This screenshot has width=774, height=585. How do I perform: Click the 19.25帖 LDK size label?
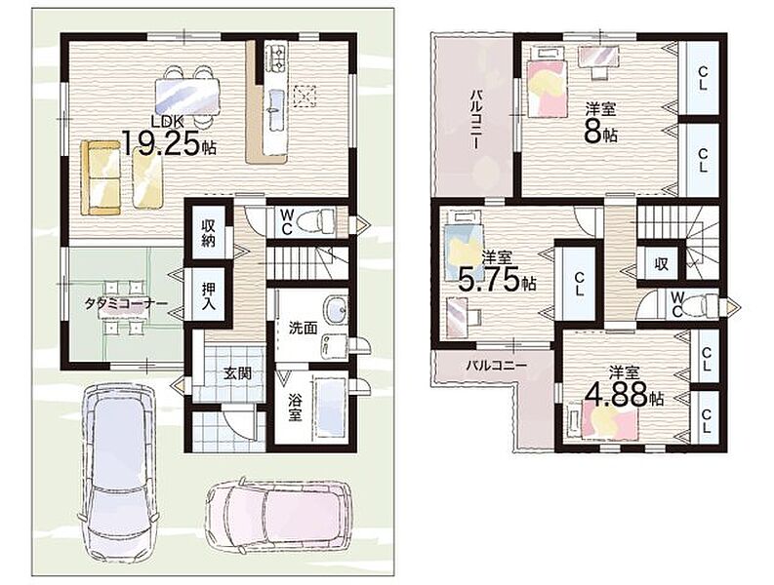pyautogui.click(x=168, y=143)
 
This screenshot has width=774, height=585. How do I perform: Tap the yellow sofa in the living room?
pyautogui.click(x=101, y=177)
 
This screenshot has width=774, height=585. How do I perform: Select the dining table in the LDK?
pyautogui.click(x=187, y=97)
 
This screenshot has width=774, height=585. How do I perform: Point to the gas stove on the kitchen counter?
pyautogui.click(x=276, y=58)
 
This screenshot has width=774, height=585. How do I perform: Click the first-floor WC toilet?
pyautogui.click(x=323, y=221)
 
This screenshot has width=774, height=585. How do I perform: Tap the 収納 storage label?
pyautogui.click(x=208, y=233)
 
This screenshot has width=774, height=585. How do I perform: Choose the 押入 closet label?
pyautogui.click(x=208, y=296)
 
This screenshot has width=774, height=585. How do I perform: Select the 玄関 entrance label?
pyautogui.click(x=237, y=372)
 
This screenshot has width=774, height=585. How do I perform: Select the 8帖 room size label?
pyautogui.click(x=600, y=131)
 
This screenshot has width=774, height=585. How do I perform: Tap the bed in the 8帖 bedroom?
pyautogui.click(x=547, y=87)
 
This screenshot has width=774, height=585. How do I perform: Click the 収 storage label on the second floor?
pyautogui.click(x=662, y=263)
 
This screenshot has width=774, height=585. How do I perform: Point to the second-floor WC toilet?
pyautogui.click(x=707, y=303)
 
